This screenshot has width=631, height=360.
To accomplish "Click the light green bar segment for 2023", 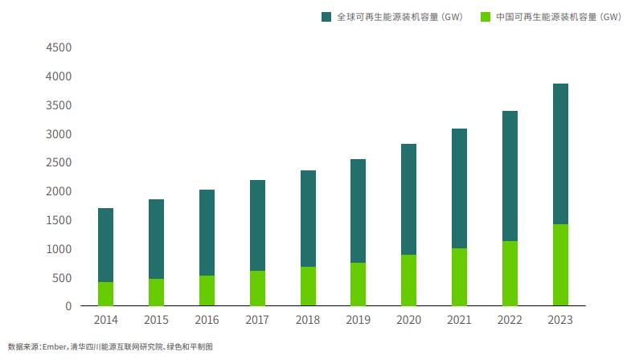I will (560, 265).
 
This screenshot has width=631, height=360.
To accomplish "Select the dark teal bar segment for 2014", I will (105, 245).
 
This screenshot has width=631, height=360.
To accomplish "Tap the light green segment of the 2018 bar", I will (308, 286).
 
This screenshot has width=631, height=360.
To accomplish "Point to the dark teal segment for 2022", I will (510, 176).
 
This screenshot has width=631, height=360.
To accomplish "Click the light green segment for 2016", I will (207, 291).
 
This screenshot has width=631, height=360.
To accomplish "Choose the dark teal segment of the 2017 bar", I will (257, 225).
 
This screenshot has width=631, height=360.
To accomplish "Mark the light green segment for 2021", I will (459, 277).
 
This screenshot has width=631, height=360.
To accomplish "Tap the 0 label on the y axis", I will (68, 306).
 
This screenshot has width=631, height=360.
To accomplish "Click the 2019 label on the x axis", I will (359, 320).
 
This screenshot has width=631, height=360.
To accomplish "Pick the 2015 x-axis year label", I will (156, 320).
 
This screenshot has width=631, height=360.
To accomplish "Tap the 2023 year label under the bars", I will (560, 320).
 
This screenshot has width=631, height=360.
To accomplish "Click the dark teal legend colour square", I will (326, 16).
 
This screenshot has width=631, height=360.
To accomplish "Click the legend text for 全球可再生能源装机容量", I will (399, 16).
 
